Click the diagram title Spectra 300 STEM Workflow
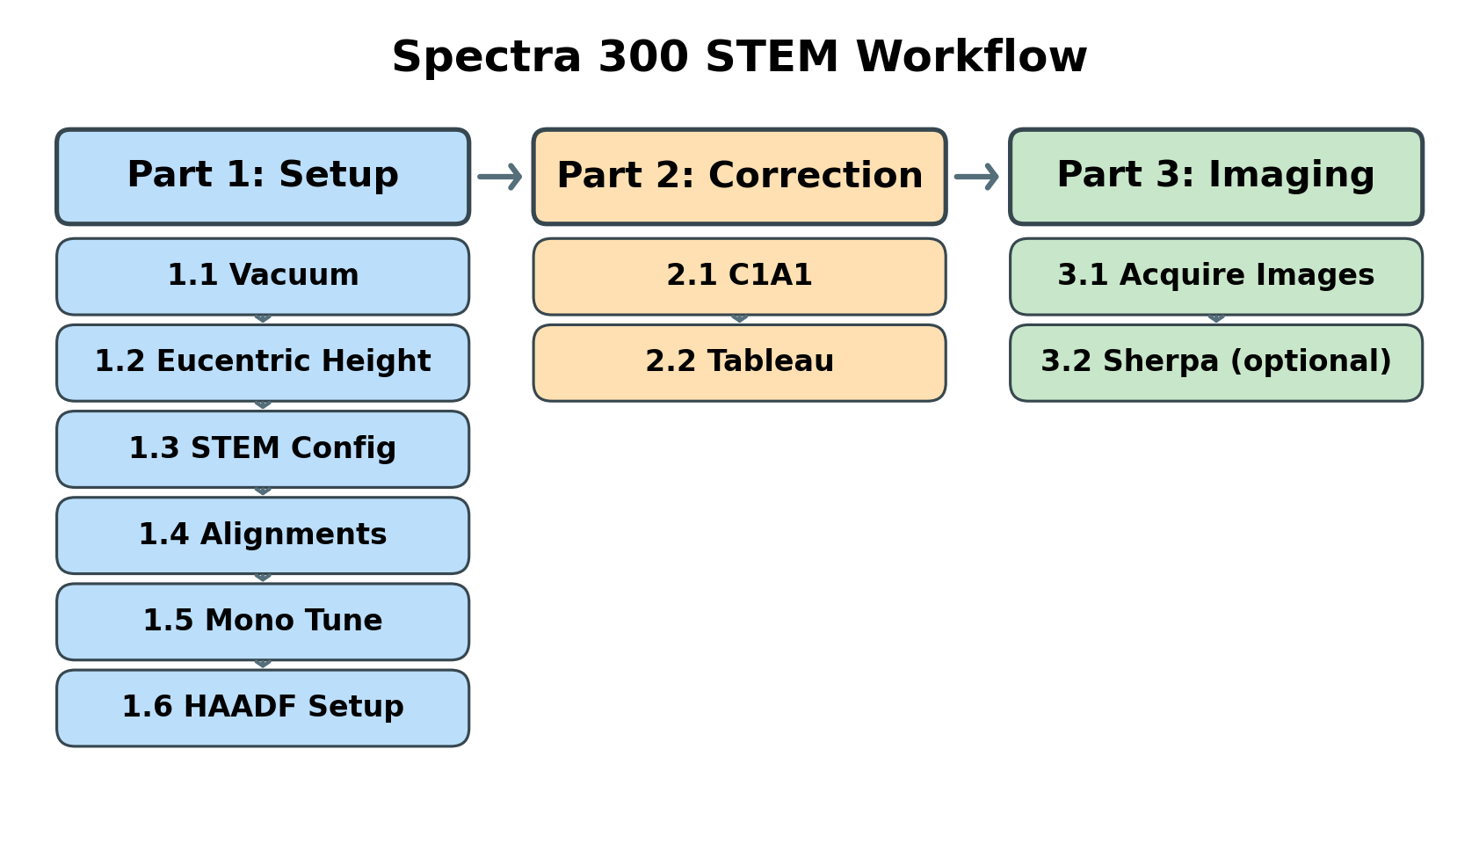739,58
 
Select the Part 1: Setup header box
263,177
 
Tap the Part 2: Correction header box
739,177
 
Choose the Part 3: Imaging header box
1215,177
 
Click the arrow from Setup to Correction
500,177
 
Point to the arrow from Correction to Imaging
977,177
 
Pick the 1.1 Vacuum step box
263,276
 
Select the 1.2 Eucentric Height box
263,362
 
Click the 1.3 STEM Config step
263,448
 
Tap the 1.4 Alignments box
263,535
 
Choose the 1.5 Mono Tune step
263,622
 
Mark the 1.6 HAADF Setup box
263,708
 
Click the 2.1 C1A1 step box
739,276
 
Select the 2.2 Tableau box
739,362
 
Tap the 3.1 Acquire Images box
1215,276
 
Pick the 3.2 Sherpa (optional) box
1215,362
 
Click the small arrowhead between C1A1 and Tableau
740,318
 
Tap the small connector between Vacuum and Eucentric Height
263,318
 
